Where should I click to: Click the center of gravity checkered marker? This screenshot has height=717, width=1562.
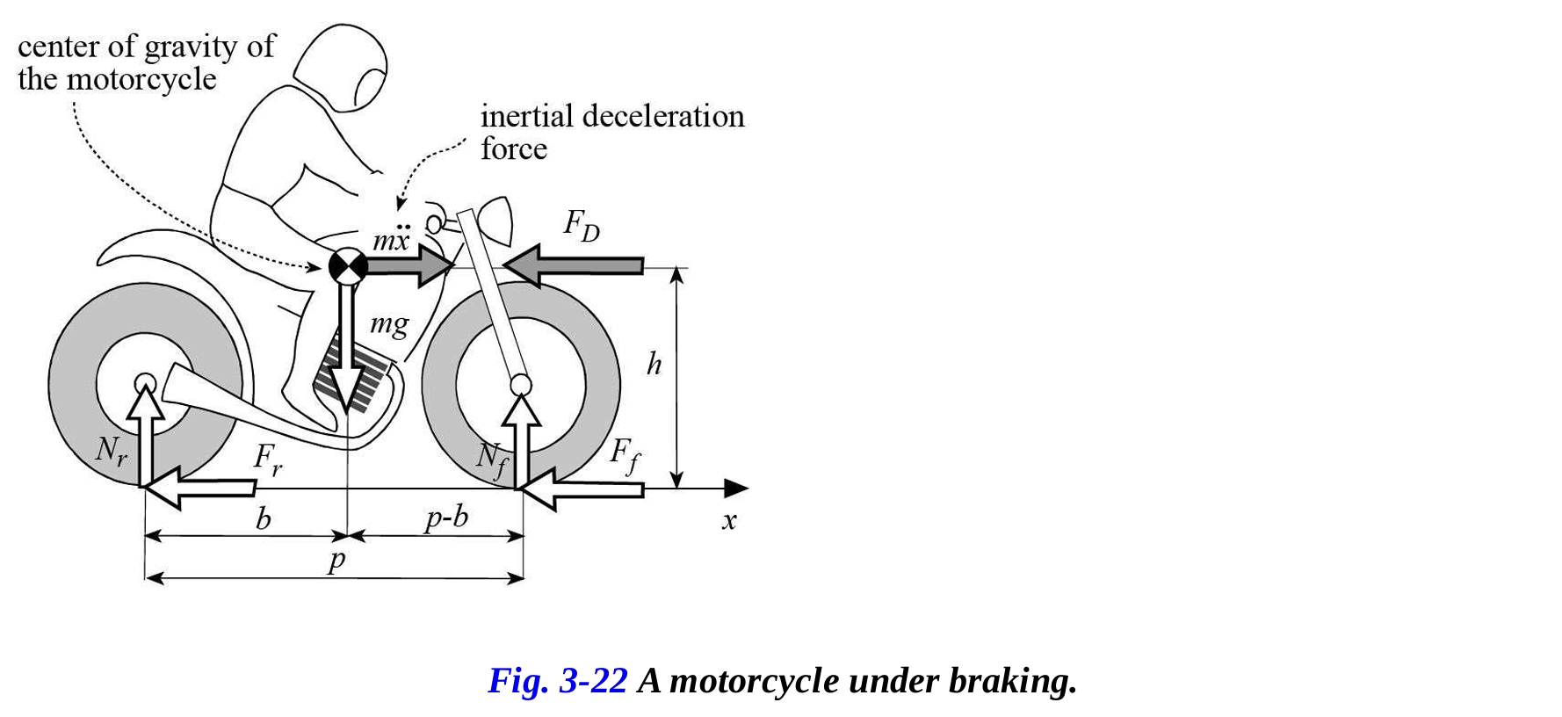348,266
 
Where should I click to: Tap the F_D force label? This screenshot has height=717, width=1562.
581,226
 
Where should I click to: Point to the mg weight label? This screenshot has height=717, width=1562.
389,325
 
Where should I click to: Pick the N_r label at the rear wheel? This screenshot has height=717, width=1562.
111,451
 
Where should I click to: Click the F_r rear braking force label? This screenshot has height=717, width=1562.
267,459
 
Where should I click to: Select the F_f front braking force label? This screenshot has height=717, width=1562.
625,455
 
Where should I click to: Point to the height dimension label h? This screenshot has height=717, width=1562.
654,363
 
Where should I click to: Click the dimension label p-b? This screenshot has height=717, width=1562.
446,518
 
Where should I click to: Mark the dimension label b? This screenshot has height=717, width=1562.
263,519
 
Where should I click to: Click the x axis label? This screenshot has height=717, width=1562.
728,520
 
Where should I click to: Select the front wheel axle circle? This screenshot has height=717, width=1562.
521,384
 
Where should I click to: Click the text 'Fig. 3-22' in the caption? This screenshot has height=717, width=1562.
557,681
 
